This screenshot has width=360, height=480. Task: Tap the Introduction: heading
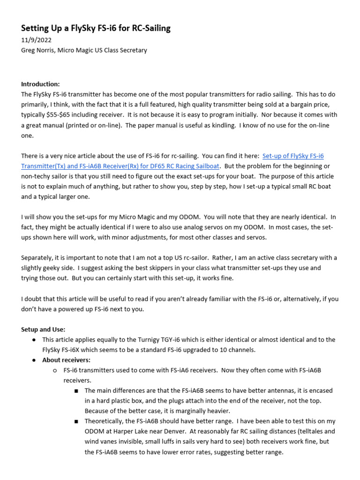pyautogui.click(x=40, y=84)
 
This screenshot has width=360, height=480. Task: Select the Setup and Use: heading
pyautogui.click(x=43, y=329)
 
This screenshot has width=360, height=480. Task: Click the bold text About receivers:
pyautogui.click(x=66, y=360)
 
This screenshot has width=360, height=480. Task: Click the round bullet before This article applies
pyautogui.click(x=34, y=339)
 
